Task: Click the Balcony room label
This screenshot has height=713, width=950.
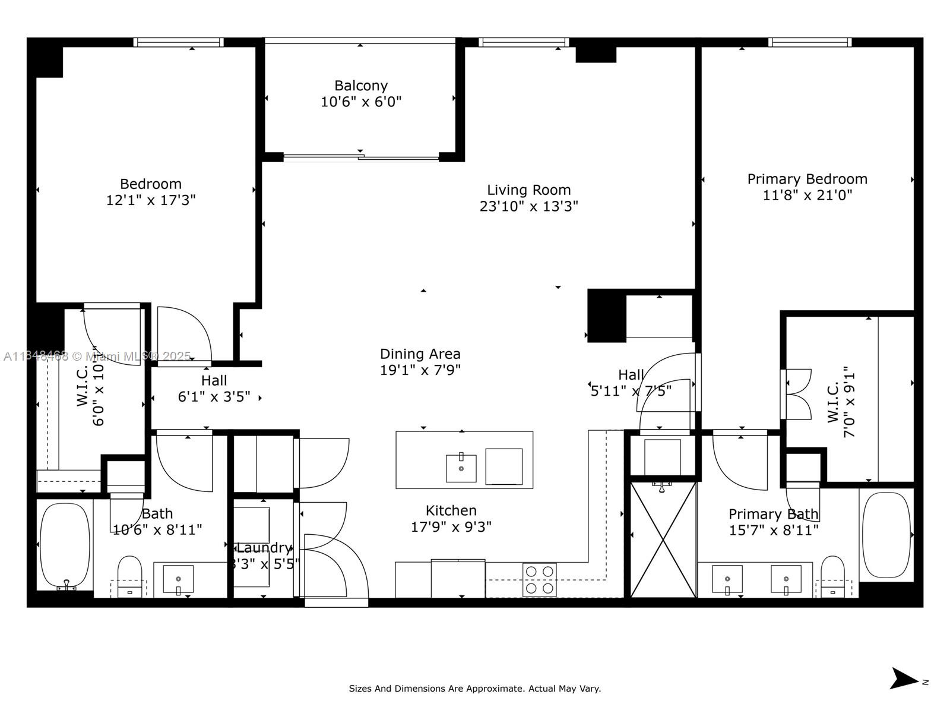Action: point(361,86)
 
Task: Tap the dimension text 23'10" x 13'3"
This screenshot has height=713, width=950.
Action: point(529,206)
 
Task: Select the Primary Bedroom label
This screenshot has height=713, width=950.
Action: point(807,179)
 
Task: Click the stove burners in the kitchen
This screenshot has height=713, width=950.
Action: point(540,579)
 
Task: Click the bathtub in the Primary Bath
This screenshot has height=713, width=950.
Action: point(886,535)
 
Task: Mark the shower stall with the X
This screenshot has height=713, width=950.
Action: point(663,540)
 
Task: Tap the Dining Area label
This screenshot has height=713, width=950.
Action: point(420,354)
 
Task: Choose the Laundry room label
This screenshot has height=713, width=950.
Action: point(264,548)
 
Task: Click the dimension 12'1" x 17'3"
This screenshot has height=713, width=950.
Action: point(151,200)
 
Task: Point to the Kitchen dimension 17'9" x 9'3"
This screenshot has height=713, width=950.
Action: point(451,527)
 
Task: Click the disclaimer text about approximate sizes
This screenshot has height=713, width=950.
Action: point(474,689)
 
